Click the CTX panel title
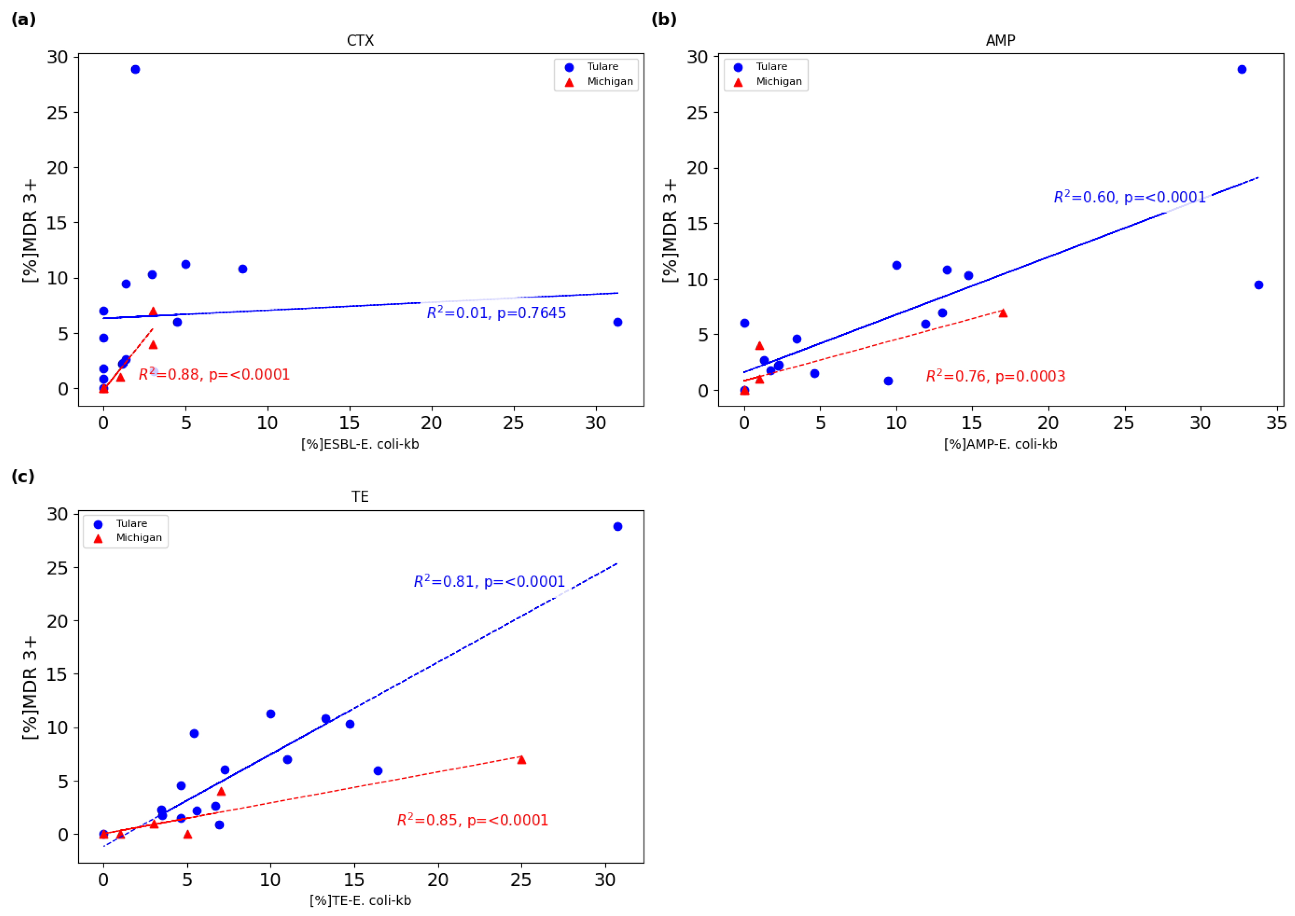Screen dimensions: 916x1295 360,41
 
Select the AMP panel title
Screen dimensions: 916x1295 1000,41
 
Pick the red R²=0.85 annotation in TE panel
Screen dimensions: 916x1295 472,820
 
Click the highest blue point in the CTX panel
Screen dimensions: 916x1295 135,69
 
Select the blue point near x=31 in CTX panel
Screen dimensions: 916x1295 618,322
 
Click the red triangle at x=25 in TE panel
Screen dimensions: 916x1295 521,760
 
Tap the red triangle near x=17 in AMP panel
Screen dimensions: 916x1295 1003,313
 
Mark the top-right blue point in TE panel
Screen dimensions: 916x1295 618,526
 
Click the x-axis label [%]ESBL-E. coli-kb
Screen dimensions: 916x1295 360,444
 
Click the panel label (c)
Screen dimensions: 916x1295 23,477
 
